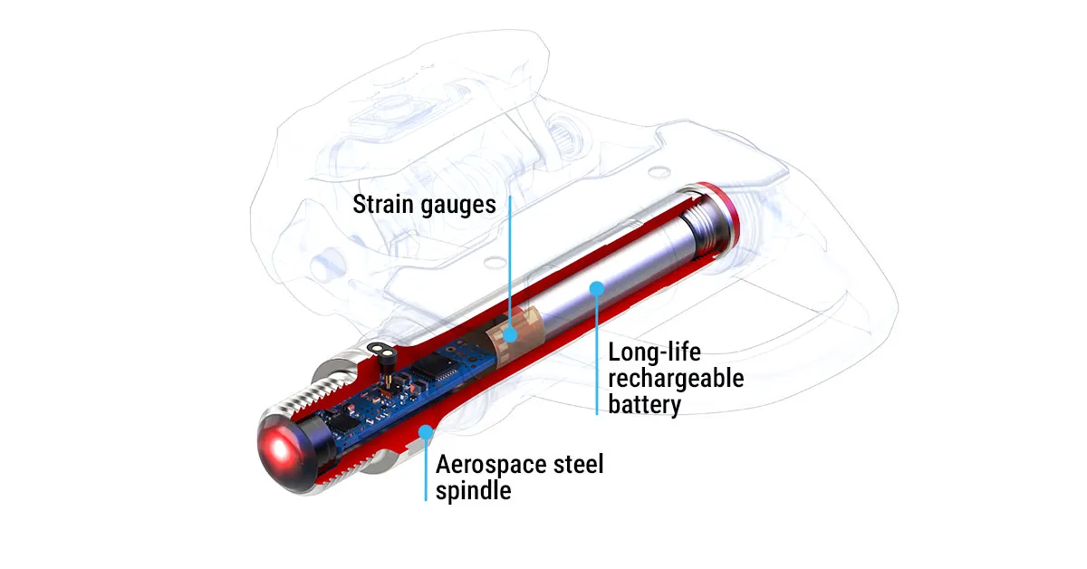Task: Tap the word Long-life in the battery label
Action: [655, 352]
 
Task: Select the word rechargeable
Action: [676, 378]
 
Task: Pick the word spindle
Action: [474, 491]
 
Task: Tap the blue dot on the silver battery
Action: [597, 289]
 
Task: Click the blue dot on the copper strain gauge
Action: [510, 334]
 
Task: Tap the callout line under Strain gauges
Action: [509, 263]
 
